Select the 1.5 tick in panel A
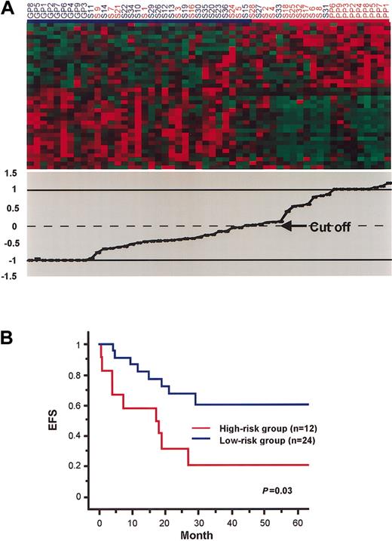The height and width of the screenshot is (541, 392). [11, 173]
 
